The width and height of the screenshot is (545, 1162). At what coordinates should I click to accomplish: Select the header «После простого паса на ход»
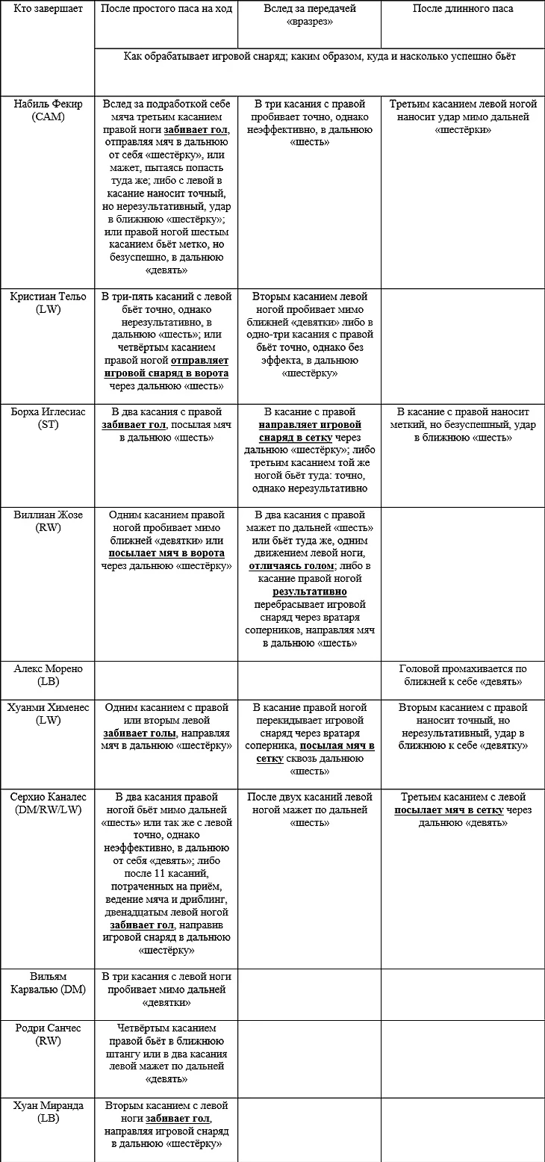coord(166,9)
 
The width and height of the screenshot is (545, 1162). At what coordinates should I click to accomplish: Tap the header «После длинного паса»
coord(463,9)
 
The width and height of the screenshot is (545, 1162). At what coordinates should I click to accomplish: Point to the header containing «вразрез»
coord(309,16)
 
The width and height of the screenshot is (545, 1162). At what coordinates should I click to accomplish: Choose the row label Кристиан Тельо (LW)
coord(48,302)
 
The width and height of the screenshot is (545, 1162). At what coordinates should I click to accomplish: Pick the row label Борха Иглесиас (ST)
coord(48,418)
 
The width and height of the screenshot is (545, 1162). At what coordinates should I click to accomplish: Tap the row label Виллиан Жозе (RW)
coord(48,521)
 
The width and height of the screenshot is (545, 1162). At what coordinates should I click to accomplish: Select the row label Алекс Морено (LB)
coord(48,675)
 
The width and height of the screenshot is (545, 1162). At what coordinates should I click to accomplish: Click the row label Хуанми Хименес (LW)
coord(48,714)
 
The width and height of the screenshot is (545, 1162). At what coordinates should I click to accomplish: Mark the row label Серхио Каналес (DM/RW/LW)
coord(48,804)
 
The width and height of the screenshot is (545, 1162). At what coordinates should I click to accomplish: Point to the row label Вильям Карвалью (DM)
coord(48,983)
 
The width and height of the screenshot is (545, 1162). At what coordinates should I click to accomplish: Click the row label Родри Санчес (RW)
coord(48,1034)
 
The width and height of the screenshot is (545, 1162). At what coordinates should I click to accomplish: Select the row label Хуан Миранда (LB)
coord(48,1112)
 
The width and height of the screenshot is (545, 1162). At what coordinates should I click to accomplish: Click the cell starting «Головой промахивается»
coord(463,675)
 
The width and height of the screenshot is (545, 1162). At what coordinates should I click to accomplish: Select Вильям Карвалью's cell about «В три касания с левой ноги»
coord(166,989)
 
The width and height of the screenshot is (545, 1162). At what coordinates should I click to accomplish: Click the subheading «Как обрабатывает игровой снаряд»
coord(320,56)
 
